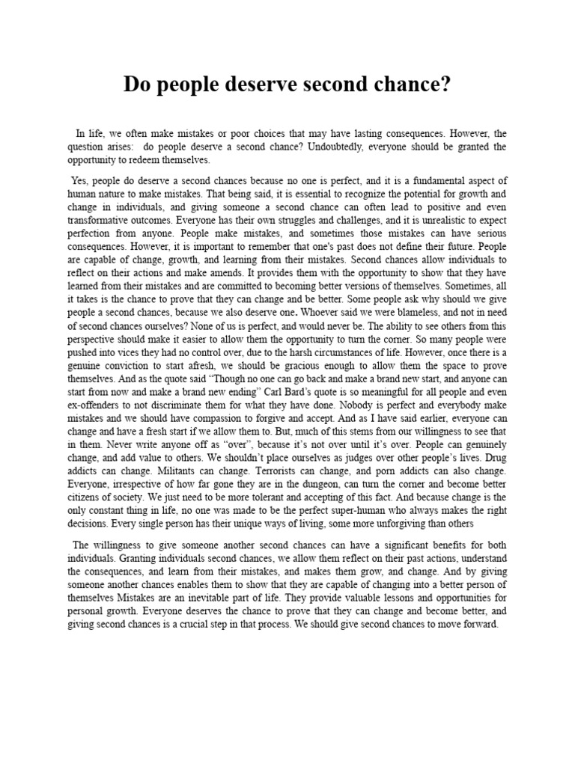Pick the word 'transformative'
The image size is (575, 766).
pos(103,221)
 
